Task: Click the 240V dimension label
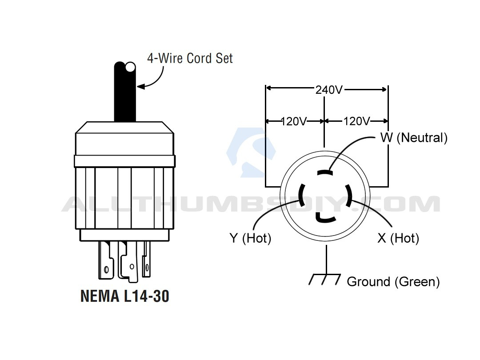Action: click(329, 90)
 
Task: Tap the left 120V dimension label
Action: click(294, 121)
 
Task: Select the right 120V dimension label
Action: click(356, 121)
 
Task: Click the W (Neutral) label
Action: click(414, 138)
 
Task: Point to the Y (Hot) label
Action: click(250, 238)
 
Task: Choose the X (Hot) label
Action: click(398, 238)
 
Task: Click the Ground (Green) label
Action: click(393, 282)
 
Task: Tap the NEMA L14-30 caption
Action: click(125, 296)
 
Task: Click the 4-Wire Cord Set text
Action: click(190, 58)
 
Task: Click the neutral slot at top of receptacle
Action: click(325, 172)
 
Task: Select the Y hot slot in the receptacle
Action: click(301, 195)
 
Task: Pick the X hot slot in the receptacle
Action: click(349, 195)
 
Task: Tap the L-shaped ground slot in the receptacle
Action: click(324, 218)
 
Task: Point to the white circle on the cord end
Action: click(131, 67)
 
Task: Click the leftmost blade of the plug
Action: click(106, 260)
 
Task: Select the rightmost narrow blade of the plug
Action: click(147, 259)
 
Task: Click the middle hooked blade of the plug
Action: click(128, 261)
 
